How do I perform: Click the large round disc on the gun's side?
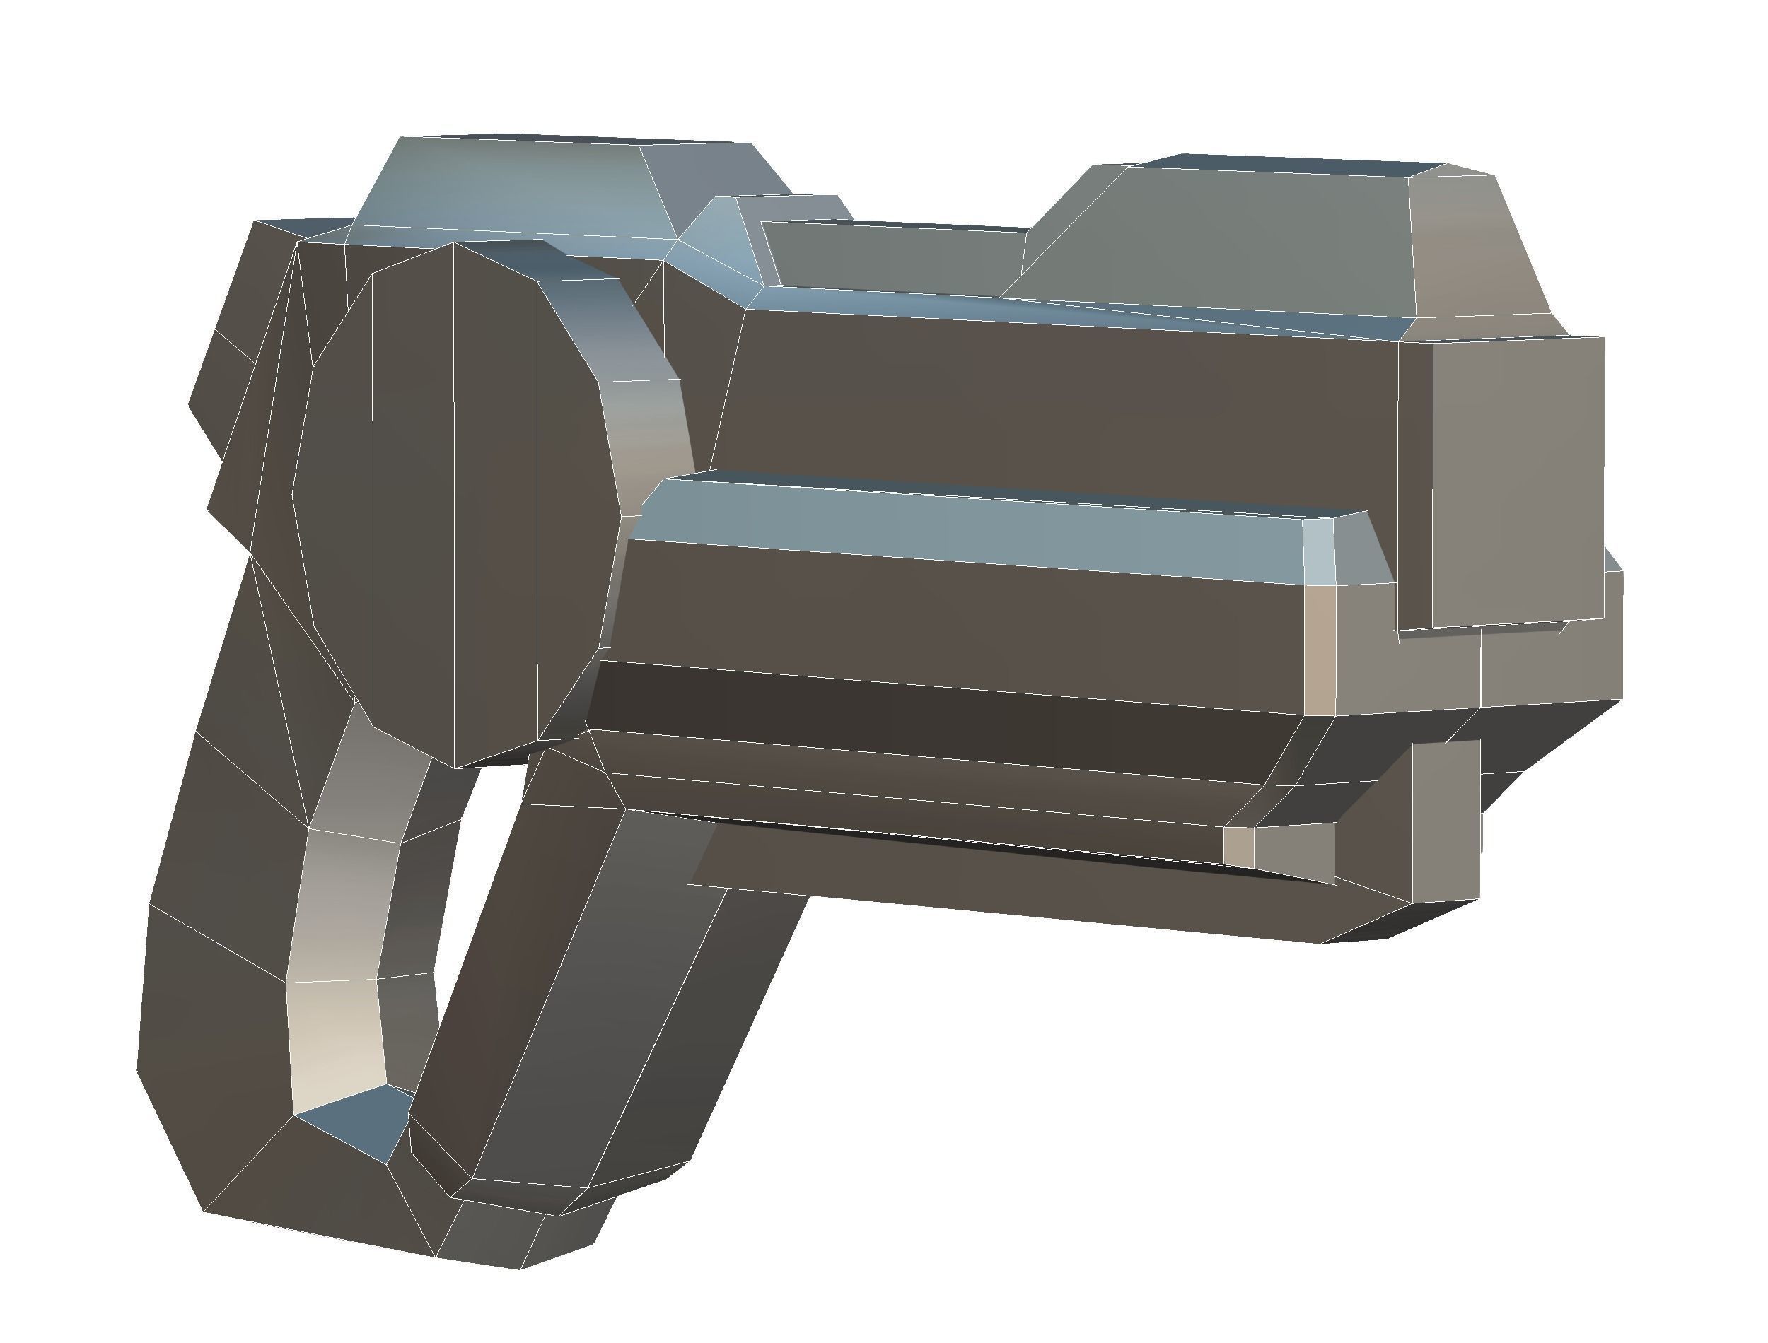[x=456, y=503]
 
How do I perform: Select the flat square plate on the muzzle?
[x=1516, y=480]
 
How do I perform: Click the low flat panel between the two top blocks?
[x=888, y=256]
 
